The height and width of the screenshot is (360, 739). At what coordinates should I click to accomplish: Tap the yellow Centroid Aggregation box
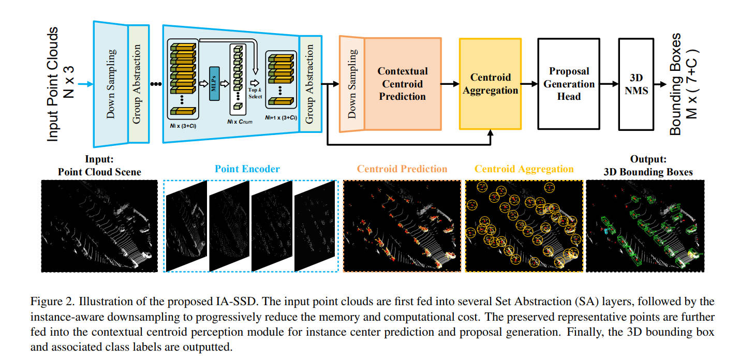tap(490, 84)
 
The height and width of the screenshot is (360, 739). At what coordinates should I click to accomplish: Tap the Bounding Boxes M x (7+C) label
tap(683, 84)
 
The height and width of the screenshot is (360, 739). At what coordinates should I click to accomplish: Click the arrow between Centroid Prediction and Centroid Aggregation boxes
tap(450, 84)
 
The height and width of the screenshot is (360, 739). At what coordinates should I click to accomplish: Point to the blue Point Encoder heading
tap(247, 169)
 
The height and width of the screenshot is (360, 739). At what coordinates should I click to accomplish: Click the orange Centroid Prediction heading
tap(402, 169)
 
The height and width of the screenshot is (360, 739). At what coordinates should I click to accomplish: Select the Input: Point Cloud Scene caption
tap(99, 166)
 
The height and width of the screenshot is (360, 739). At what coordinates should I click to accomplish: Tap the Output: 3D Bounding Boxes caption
tap(648, 166)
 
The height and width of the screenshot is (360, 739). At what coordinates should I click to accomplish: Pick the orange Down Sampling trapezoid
tap(352, 84)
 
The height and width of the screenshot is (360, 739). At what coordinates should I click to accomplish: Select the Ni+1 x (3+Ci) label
tap(281, 117)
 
